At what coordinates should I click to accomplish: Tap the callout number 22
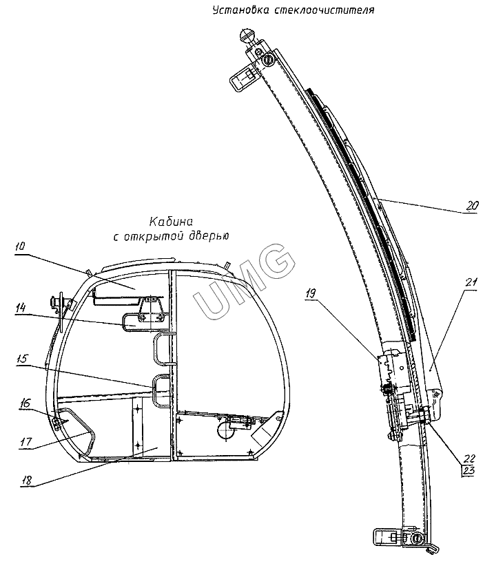point(469,458)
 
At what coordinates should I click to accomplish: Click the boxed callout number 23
point(469,472)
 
